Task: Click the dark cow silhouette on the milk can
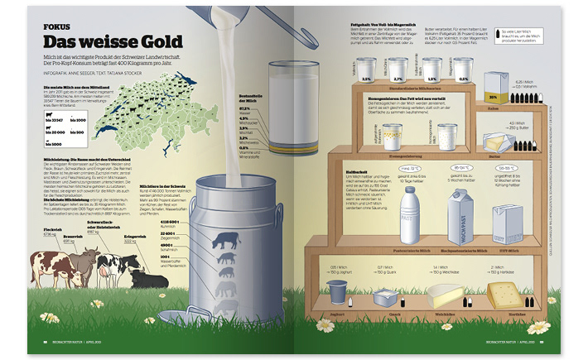coord(226,241)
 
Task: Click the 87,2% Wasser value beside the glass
coord(245,109)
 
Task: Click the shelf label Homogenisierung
coord(397,155)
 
